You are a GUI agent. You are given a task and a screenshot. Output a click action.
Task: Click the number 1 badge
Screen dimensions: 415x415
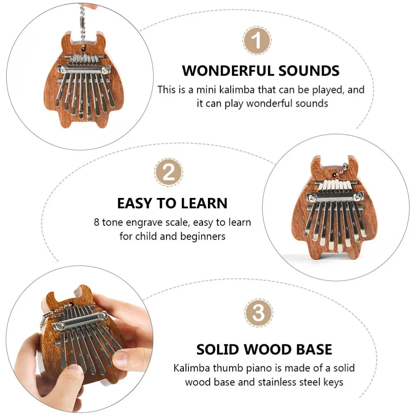(x=257, y=41)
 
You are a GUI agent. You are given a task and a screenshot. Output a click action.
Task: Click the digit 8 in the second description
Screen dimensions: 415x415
(x=97, y=222)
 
